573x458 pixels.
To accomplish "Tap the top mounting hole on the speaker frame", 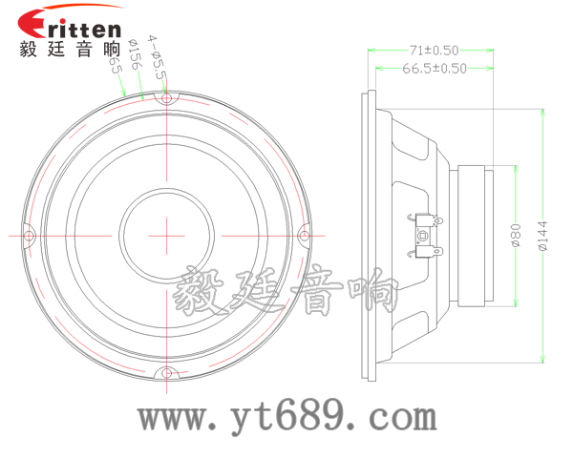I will (x=166, y=97).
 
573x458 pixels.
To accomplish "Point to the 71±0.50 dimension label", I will (x=434, y=49).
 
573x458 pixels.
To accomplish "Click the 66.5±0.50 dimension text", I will (x=435, y=68).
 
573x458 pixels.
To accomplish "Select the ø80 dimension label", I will (x=514, y=235).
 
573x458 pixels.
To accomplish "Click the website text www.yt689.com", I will (x=287, y=416).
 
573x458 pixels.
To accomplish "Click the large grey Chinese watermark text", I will (x=287, y=290).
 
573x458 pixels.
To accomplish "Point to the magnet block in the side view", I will (x=473, y=235).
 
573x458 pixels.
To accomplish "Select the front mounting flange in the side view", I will (x=369, y=235).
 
